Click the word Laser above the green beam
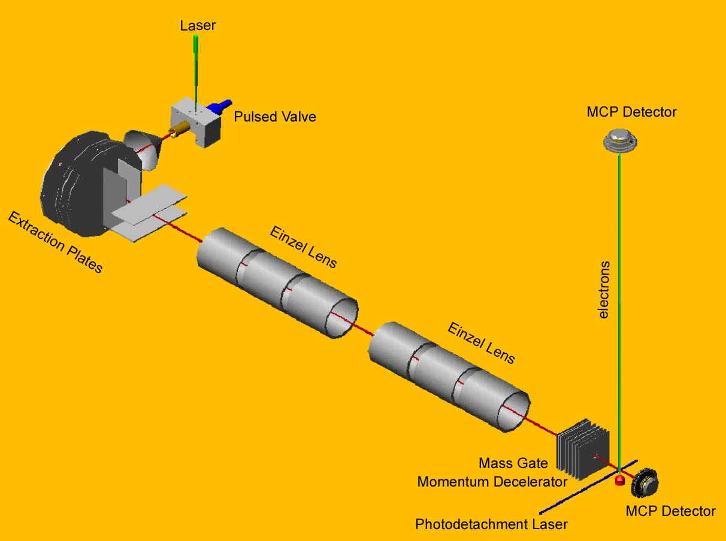198,25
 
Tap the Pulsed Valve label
274,116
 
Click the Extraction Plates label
55,242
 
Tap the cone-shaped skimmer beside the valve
144,147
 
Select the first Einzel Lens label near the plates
303,247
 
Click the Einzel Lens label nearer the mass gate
481,342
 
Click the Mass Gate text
513,463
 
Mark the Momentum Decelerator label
492,482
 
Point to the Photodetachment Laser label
491,525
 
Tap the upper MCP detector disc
619,141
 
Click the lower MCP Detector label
670,511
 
